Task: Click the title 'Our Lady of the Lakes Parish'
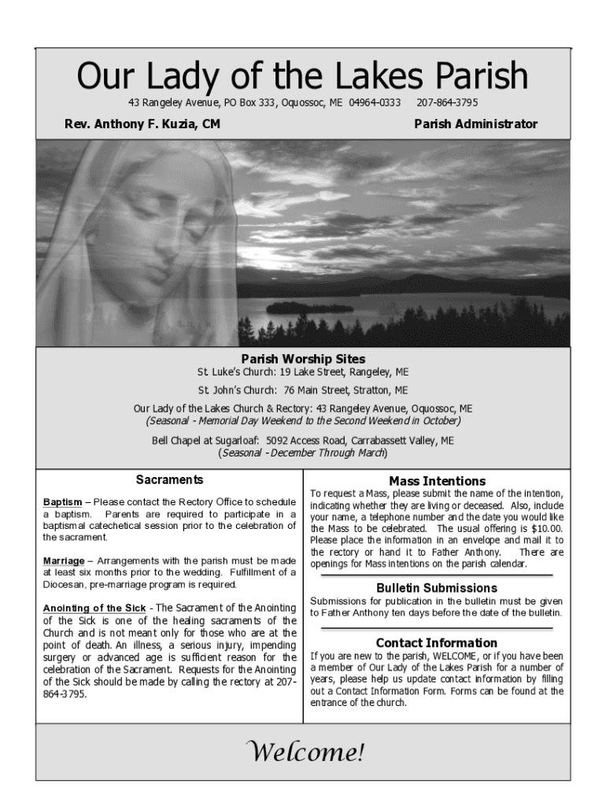pos(302,77)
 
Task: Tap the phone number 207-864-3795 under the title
pos(447,103)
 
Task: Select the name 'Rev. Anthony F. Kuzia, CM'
pos(142,124)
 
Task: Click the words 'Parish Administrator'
pos(475,124)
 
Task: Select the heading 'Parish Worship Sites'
pos(303,359)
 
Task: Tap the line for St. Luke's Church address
pos(303,372)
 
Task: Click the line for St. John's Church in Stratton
pos(303,390)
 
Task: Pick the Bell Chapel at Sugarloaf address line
pos(303,441)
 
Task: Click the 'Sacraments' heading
pos(169,479)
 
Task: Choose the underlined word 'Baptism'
pos(62,502)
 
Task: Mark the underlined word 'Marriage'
pos(64,560)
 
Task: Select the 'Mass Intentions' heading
pos(437,481)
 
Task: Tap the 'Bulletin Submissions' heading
pos(437,588)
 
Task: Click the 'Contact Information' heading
pos(437,643)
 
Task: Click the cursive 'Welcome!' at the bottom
pos(303,752)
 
